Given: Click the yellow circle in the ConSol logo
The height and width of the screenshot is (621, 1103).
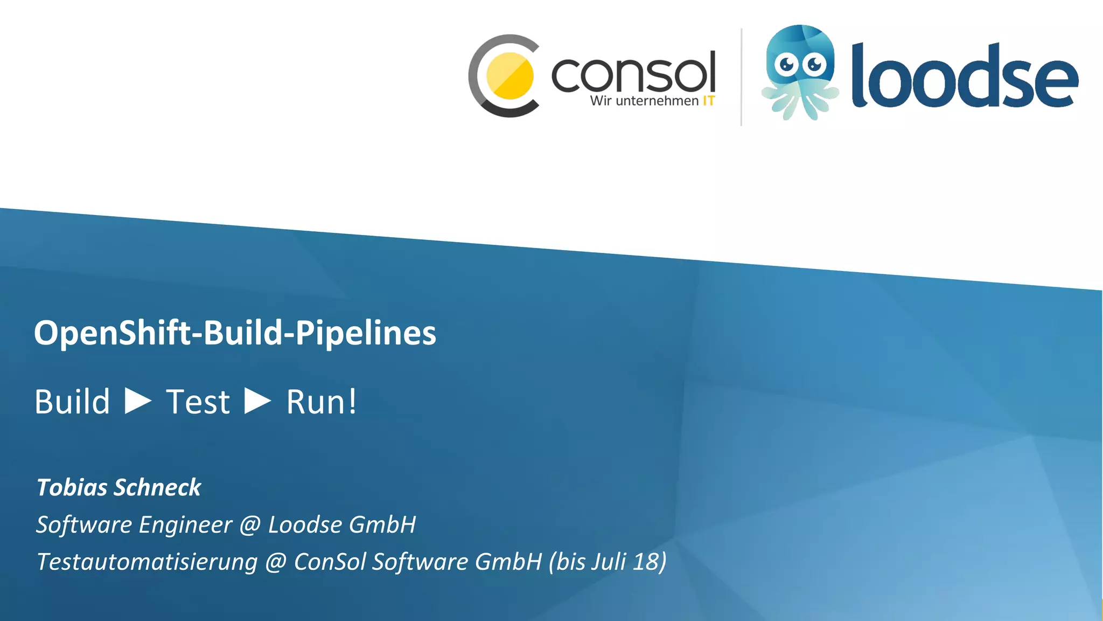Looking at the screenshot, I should pos(509,76).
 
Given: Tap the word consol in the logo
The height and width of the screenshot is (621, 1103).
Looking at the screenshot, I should pos(633,73).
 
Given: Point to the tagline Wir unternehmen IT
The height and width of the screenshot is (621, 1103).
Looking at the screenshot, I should pos(652,101).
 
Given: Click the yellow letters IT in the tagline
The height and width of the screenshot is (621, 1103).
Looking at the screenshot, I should pos(709,101).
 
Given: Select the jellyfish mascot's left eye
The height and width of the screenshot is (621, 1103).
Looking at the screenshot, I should pos(787,65).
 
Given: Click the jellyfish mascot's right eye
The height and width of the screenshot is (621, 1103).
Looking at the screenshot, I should pos(814,65).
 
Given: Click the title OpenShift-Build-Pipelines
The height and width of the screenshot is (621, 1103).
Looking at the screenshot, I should pos(235,333).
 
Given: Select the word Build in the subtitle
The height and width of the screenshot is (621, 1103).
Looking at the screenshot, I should pos(72,402).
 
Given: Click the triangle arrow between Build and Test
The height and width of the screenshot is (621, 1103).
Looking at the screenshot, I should pos(138,401).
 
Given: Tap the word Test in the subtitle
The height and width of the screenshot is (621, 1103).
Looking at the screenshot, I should pos(198,402).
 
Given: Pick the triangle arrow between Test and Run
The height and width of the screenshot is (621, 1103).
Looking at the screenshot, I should pos(257,401).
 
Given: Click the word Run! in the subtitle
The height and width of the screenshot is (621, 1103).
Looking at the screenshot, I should pos(321,402).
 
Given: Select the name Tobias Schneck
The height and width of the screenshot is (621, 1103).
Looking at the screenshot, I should pos(118,487).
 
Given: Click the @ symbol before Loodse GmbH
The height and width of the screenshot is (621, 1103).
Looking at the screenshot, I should pos(250,525).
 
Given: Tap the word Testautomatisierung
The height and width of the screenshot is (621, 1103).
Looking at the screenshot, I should pos(147,562).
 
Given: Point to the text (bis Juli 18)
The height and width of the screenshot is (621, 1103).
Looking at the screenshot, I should pos(608,562).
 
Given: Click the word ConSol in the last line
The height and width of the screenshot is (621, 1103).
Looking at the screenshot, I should pos(329,562).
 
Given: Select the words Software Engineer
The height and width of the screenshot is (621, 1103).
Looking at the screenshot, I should pos(134,525).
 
